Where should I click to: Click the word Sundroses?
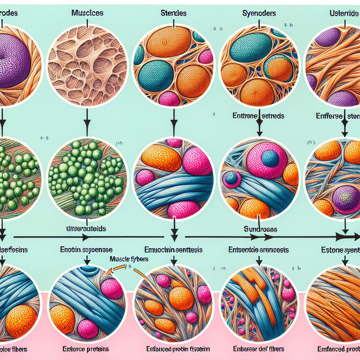tap(261, 229)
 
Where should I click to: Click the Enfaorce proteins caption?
tap(86, 349)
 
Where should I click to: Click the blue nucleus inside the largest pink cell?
tap(270, 158)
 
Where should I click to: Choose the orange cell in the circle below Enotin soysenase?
tap(62, 317)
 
